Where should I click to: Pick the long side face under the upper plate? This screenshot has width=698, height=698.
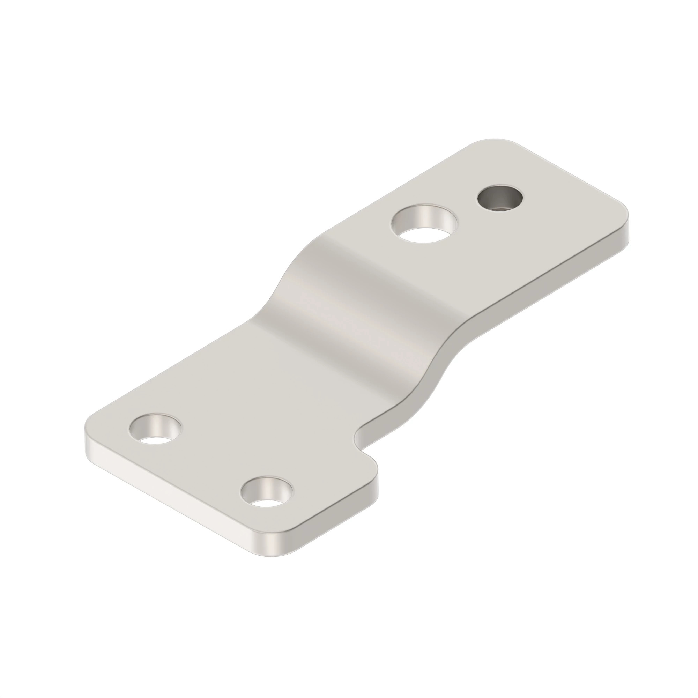coord(542,285)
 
